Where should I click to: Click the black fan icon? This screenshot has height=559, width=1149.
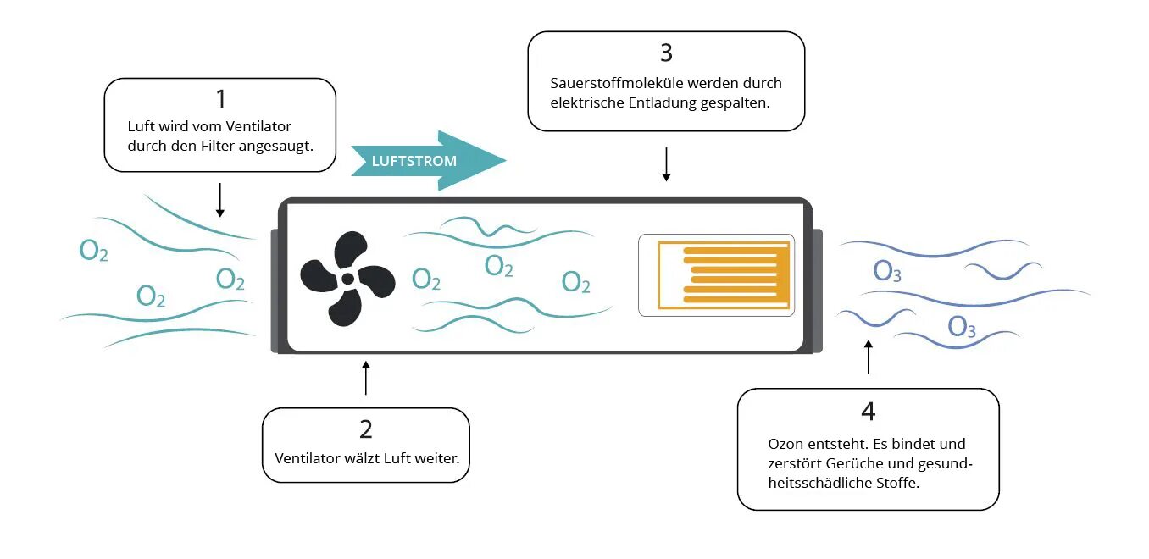point(347,279)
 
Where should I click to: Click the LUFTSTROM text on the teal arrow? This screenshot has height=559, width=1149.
point(414,161)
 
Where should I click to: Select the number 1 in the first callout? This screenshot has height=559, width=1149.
point(220,99)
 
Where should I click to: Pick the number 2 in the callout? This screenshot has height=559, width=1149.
point(365,429)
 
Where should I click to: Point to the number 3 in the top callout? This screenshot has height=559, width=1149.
point(666,53)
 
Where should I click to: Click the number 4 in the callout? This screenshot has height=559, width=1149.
point(868,411)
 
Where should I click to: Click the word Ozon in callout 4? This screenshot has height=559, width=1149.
point(785,444)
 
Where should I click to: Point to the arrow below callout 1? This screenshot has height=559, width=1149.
point(220,200)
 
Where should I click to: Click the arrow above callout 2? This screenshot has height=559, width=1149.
point(366,378)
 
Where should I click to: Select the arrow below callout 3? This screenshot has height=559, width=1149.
point(666,163)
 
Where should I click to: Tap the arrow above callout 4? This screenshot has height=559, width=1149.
point(868,357)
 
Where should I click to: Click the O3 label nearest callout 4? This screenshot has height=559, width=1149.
point(962,327)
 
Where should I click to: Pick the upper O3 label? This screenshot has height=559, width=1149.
point(887,272)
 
